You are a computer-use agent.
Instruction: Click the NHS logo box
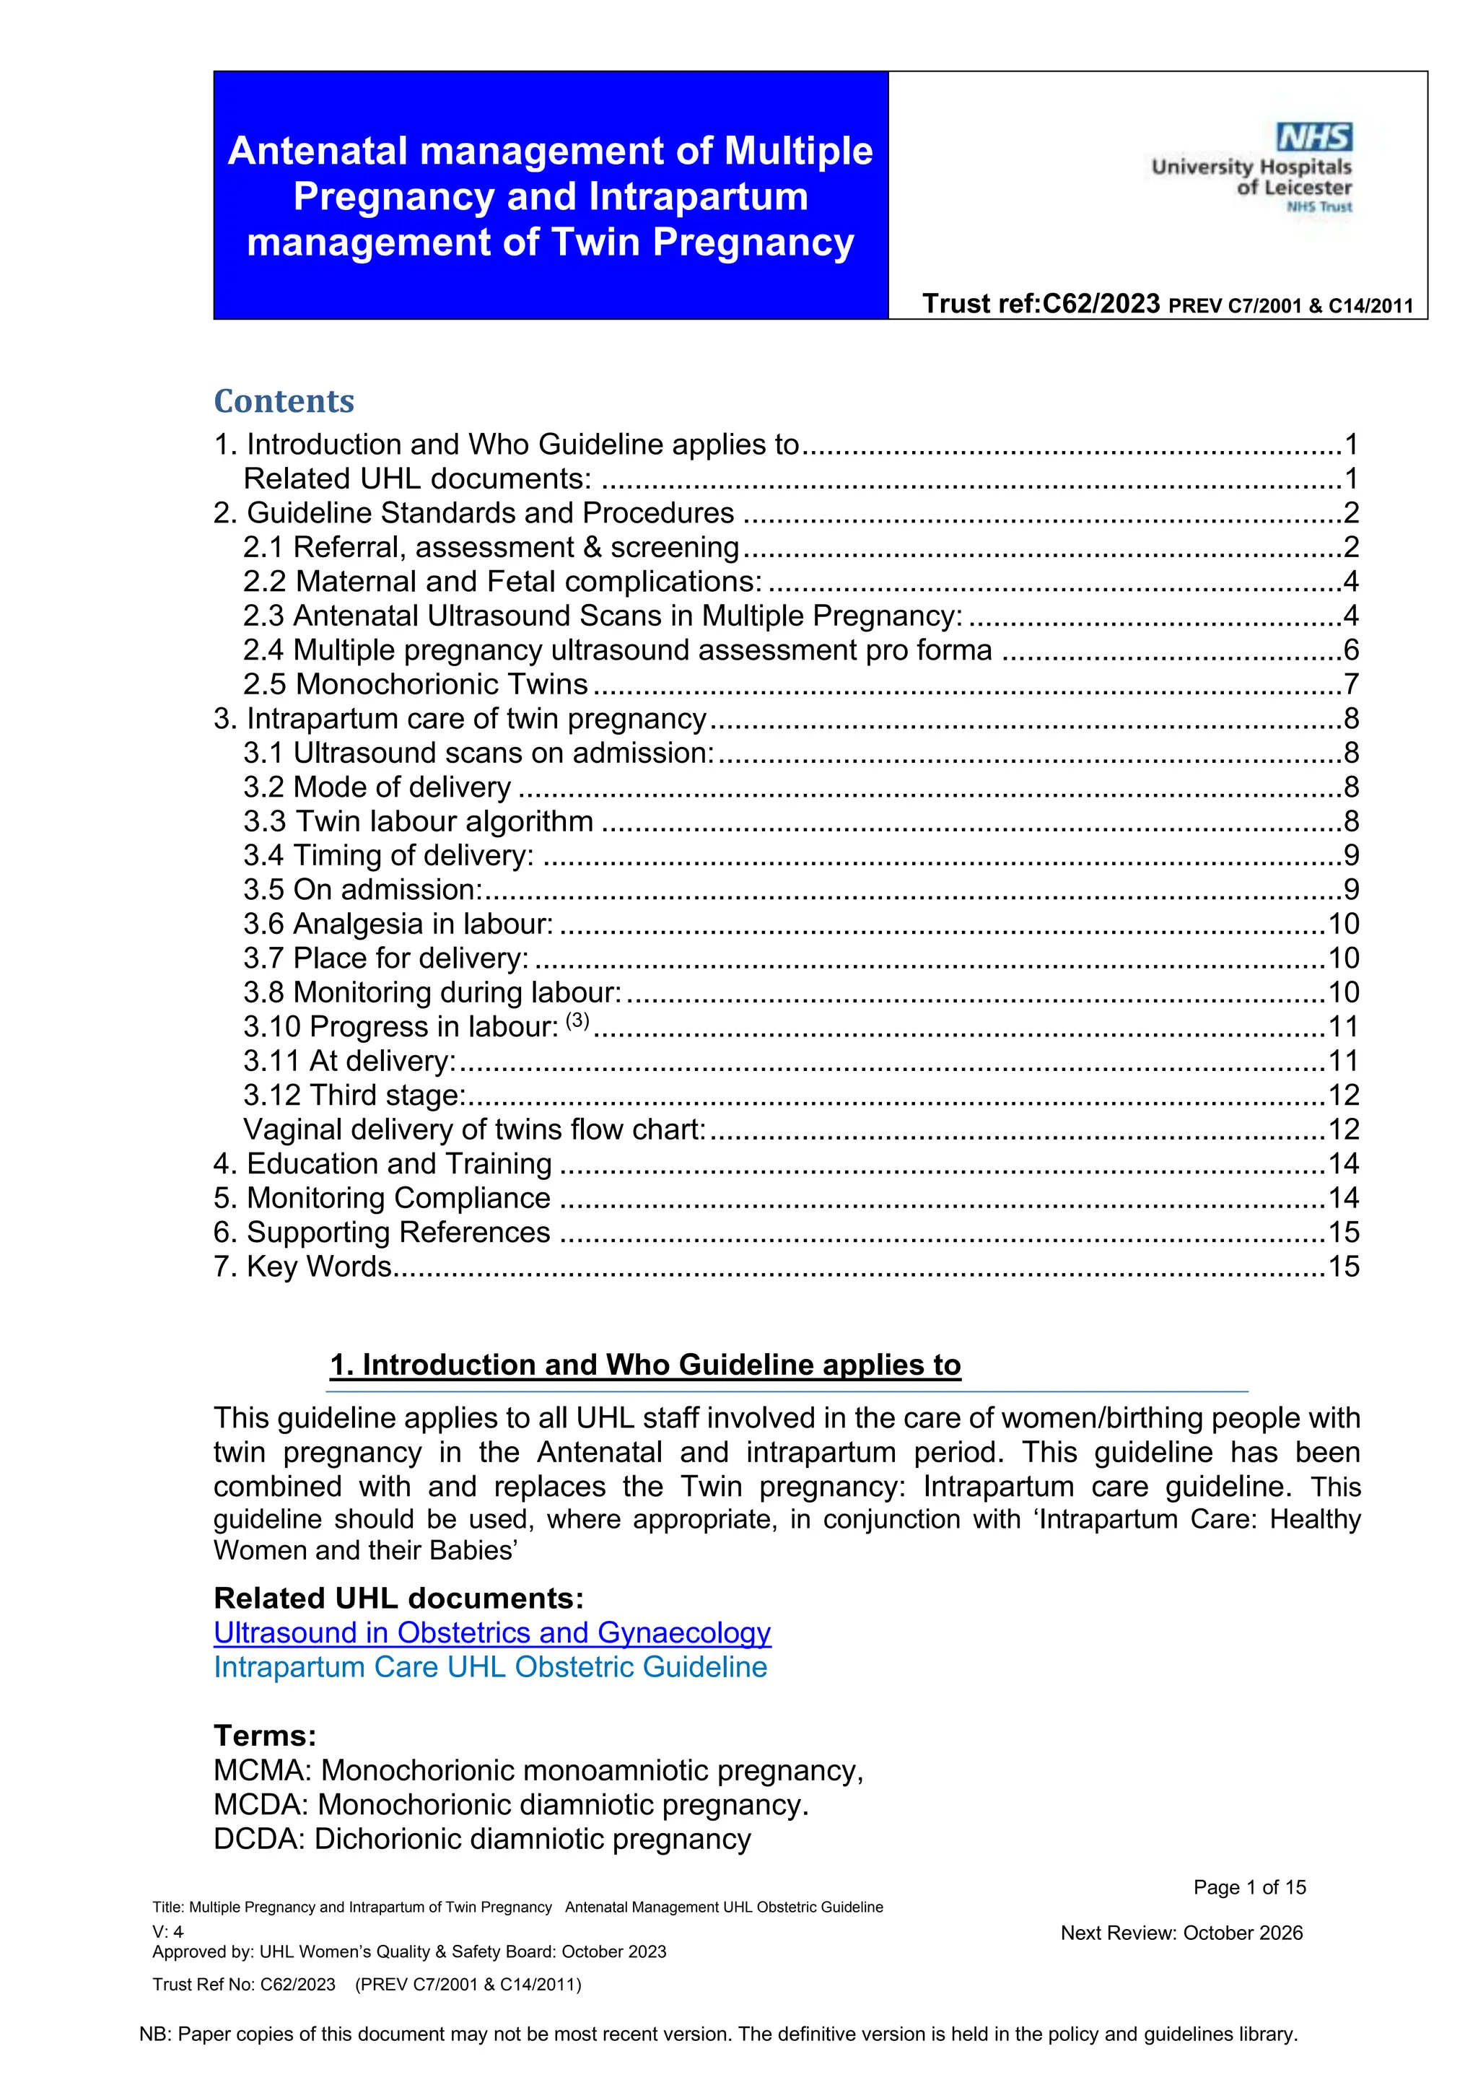point(1314,137)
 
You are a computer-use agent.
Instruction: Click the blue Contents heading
point(284,401)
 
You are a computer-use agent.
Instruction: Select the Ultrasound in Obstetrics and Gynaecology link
point(491,1632)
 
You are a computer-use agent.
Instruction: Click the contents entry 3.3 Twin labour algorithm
point(418,821)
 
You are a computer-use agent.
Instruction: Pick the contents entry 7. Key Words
point(302,1267)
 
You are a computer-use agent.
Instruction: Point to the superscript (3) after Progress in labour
point(577,1020)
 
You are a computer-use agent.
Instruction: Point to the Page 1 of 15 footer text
point(1249,1887)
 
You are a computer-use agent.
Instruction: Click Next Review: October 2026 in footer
point(1181,1933)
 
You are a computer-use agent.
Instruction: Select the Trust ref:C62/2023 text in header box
point(1041,303)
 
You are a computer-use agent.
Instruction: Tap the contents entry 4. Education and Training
point(382,1163)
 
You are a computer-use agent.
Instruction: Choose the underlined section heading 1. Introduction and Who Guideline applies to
point(644,1365)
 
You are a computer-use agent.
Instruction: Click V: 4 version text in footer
point(168,1932)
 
